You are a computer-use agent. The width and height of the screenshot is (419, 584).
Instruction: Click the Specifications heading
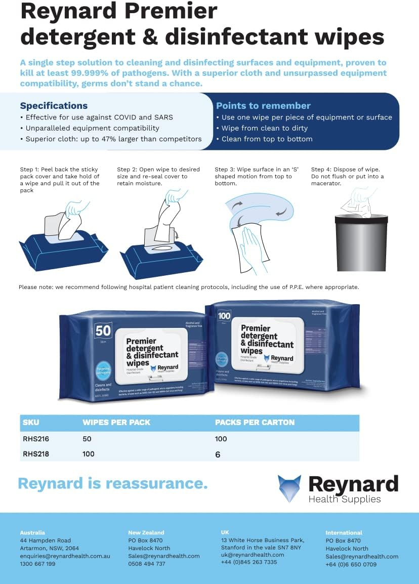[x=54, y=106]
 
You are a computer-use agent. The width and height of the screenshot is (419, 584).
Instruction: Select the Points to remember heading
[x=263, y=106]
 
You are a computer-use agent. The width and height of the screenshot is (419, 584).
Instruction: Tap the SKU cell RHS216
[x=36, y=439]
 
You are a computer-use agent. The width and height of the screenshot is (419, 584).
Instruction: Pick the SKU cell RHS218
[x=36, y=454]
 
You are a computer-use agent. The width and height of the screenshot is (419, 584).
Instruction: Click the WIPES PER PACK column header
[x=116, y=422]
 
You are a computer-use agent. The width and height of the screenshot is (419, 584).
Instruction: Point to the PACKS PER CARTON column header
[x=255, y=422]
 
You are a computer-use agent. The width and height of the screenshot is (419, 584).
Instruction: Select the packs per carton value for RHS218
[x=218, y=454]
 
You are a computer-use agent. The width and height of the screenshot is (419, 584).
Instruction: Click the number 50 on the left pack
[x=103, y=331]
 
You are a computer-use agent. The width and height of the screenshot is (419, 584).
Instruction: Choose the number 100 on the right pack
[x=224, y=316]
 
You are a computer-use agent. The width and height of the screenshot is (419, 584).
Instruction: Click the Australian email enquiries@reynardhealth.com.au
[x=65, y=556]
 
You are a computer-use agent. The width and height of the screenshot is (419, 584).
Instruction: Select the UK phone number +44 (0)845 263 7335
[x=249, y=562]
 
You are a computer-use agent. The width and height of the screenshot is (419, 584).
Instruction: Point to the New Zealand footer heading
[x=146, y=532]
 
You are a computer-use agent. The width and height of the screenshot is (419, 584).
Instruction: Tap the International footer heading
[x=344, y=532]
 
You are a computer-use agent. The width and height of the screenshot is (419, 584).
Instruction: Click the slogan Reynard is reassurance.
[x=113, y=483]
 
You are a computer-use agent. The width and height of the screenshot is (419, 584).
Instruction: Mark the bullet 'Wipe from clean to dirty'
[x=264, y=128]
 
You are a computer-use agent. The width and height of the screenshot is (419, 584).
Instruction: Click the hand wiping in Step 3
[x=251, y=248]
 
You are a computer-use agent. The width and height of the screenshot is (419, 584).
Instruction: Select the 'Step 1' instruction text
[x=59, y=180]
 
